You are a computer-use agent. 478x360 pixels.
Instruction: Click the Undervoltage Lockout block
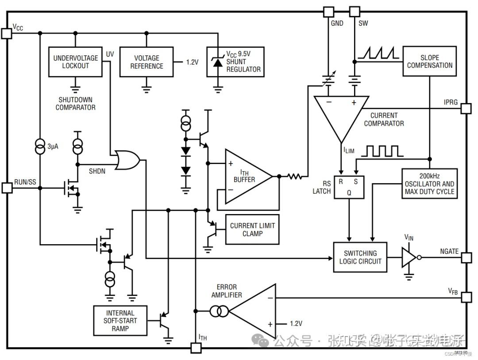pos(75,62)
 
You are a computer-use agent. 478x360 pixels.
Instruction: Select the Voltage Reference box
pos(146,62)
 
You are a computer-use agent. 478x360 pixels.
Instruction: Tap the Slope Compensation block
pos(430,61)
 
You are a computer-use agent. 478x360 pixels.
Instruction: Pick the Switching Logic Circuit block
pos(360,257)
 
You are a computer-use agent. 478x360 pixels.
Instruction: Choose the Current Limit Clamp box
pos(252,230)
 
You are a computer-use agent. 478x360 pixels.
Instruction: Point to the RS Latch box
pos(348,185)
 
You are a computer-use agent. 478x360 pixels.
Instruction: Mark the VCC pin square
pos(7,33)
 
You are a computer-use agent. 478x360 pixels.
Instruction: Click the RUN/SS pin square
pos(7,188)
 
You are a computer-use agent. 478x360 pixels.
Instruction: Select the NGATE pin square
pos(466,257)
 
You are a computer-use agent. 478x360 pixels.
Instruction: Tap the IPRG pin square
pos(466,108)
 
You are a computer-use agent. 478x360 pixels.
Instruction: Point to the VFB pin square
pos(466,297)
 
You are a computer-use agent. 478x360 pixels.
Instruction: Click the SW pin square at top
pos(355,11)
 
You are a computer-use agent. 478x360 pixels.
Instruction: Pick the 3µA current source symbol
pos(40,146)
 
